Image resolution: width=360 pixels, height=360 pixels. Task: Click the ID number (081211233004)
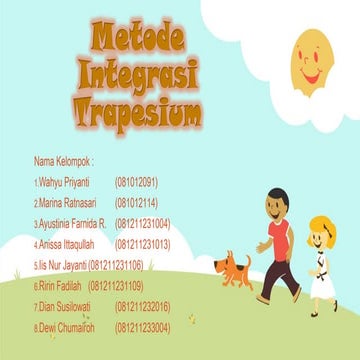click(x=143, y=327)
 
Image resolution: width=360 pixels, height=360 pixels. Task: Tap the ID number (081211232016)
click(x=143, y=306)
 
